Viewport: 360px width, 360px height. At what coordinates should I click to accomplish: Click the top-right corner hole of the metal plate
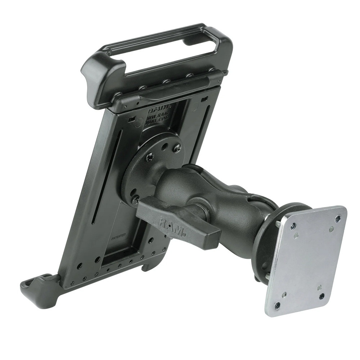click(x=337, y=219)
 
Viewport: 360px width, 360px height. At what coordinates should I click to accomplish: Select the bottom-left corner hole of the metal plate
click(x=277, y=305)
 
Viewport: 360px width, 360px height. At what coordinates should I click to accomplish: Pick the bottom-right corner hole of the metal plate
click(x=321, y=296)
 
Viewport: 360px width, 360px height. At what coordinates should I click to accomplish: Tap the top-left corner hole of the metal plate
click(x=293, y=226)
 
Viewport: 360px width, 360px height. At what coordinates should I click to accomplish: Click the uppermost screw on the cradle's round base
click(x=177, y=147)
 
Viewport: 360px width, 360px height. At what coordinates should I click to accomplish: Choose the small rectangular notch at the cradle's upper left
click(x=132, y=118)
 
